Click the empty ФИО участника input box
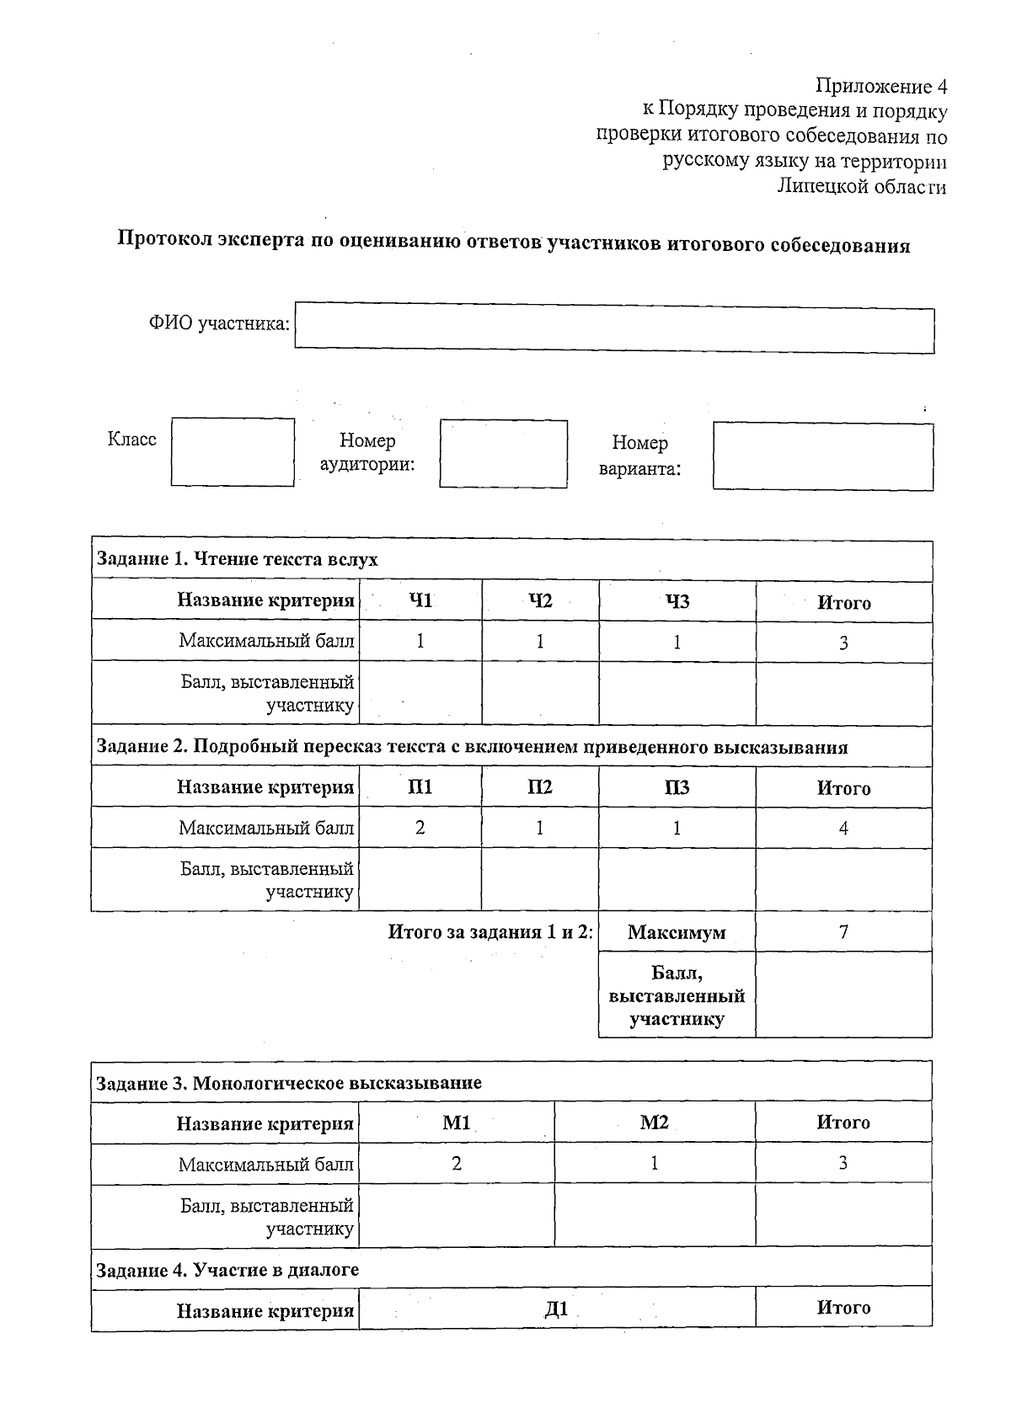coord(614,330)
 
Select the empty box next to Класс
coord(233,452)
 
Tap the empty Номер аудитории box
coord(503,454)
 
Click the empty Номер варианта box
coord(822,456)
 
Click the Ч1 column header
coord(420,601)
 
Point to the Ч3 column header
coord(677,601)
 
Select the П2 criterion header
coord(539,787)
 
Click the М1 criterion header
coord(456,1122)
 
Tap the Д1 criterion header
coord(556,1309)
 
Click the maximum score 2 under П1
coord(420,828)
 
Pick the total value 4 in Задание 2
coord(843,828)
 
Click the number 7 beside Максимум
coord(843,931)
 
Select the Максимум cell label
coord(677,933)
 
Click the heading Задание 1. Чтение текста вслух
coord(238,560)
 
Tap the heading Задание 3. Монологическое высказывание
coord(289,1083)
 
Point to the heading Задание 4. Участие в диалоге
coord(227,1270)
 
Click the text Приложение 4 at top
coord(881,87)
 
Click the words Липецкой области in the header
coord(861,187)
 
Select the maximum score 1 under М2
coord(654,1164)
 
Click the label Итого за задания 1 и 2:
coord(490,932)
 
